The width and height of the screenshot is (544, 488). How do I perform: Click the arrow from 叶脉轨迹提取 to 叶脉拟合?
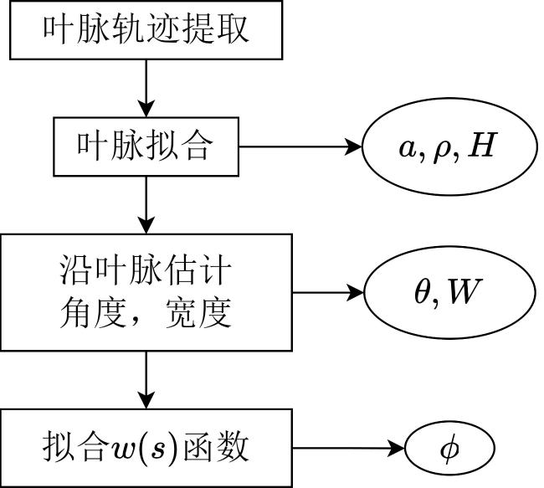point(146,88)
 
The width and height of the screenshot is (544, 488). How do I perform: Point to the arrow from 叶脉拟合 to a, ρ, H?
point(300,146)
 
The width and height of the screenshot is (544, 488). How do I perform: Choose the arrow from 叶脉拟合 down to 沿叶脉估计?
point(146,205)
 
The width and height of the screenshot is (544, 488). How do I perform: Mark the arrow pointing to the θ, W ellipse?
point(328,292)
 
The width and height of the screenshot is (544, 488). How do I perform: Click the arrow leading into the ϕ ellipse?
point(348,448)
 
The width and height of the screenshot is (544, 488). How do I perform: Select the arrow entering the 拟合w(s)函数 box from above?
point(146,380)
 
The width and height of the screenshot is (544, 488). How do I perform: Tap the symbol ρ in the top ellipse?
point(442,151)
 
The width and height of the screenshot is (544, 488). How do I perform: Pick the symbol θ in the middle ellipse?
point(422,290)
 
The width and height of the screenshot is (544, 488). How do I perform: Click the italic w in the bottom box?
point(121,449)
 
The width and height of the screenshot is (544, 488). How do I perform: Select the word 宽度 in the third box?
point(198,313)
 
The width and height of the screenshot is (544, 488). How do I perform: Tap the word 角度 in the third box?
point(93,313)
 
